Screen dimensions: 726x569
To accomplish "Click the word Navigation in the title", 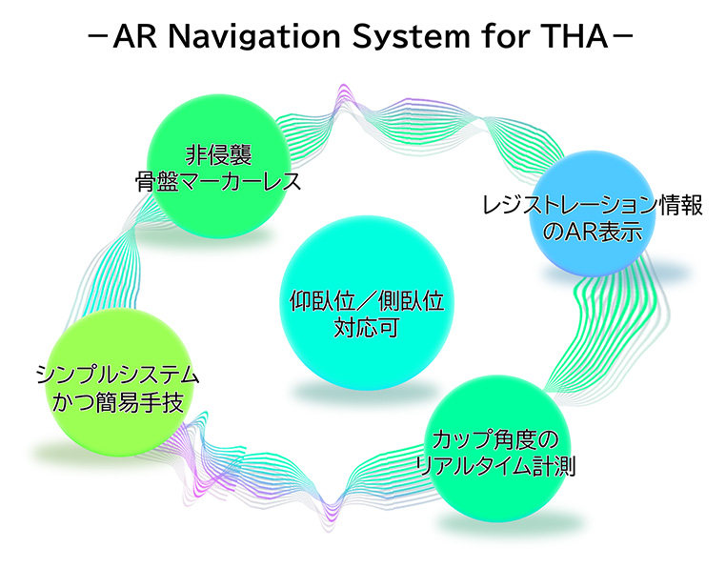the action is tap(254, 36).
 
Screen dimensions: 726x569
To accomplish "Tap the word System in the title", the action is tap(411, 37).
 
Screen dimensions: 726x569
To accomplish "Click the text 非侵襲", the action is tap(218, 154).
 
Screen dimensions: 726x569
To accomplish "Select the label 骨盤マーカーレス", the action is tap(218, 181).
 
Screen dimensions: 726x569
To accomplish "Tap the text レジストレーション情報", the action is tap(593, 205).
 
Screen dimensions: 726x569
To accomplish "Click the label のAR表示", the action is tap(593, 232).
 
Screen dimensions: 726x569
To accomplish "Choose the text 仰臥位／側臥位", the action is tap(367, 301).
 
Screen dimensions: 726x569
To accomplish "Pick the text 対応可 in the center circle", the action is tap(366, 328).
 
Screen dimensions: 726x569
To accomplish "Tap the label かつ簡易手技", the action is tap(117, 401).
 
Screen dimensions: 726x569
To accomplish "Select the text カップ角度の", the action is tap(495, 439).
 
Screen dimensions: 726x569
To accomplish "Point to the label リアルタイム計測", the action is tap(495, 466).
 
